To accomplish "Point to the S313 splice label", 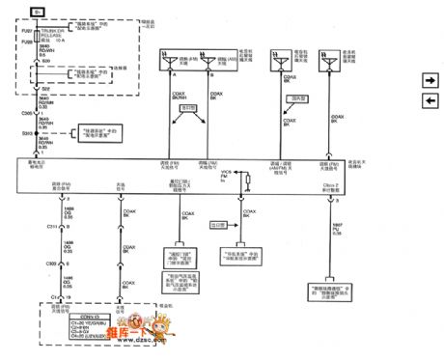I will (29, 131).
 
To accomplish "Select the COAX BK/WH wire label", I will (180, 95).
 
